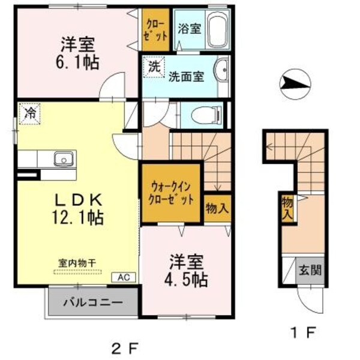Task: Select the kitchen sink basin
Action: click(x=63, y=159)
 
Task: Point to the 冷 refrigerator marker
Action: click(x=29, y=112)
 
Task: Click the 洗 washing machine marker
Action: click(x=154, y=67)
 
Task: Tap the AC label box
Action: click(x=123, y=277)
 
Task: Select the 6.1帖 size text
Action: click(x=79, y=62)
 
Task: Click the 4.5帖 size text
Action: click(x=188, y=279)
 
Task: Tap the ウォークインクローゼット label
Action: click(x=172, y=193)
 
